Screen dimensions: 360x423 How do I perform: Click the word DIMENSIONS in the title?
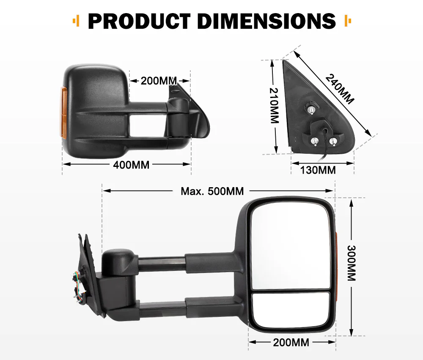[266, 21]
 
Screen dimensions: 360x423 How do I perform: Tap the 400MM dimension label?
[131, 165]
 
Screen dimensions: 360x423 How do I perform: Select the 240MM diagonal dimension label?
[341, 89]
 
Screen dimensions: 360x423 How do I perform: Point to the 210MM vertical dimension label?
[274, 106]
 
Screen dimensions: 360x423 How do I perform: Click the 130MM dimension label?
[318, 170]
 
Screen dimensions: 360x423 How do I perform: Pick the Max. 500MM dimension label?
[212, 191]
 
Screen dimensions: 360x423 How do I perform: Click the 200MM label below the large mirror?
[291, 342]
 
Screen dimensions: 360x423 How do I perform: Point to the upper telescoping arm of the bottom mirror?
[161, 264]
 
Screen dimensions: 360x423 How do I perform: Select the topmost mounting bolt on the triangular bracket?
[311, 110]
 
